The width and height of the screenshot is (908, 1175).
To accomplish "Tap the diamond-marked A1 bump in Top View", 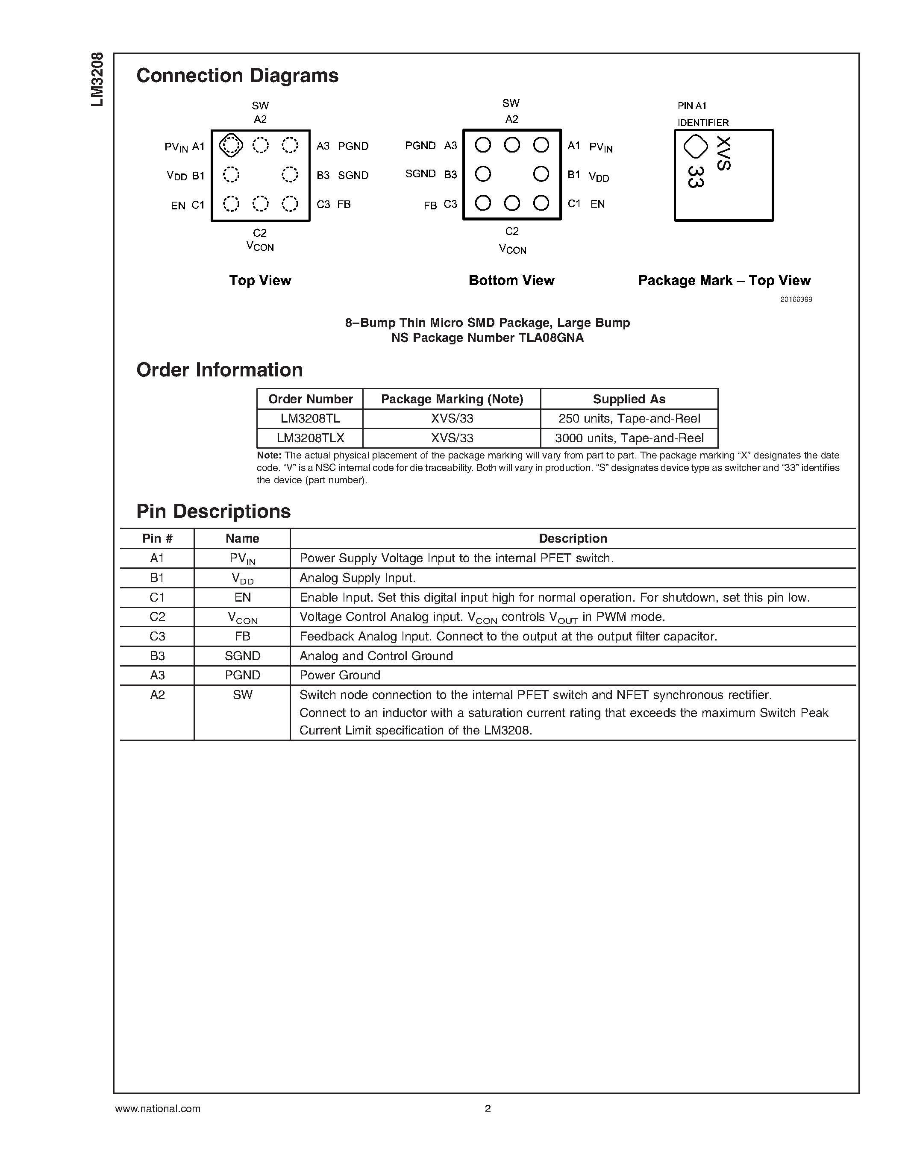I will click(231, 145).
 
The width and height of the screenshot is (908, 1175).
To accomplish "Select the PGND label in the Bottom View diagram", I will click(420, 146).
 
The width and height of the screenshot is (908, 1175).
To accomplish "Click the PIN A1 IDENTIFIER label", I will click(702, 114).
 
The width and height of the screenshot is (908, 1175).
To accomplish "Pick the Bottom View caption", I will click(511, 280).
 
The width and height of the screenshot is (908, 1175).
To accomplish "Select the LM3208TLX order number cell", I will click(310, 438).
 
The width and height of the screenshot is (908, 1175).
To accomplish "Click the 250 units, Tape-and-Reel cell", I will click(629, 419).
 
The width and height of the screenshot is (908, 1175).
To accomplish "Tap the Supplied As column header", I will click(629, 399).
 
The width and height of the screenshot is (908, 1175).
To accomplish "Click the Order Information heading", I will click(220, 370).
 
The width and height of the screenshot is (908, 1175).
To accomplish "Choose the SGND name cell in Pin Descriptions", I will click(242, 656).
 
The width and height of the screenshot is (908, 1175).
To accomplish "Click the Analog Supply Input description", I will click(357, 578).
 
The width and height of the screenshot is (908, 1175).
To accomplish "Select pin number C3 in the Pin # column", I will click(157, 637).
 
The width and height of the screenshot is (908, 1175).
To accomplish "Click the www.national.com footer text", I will click(158, 1108).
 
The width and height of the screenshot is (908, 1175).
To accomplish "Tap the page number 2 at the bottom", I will click(488, 1108).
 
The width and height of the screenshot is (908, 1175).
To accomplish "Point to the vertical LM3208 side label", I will click(97, 79).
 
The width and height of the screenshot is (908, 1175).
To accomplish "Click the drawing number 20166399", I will click(796, 299).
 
